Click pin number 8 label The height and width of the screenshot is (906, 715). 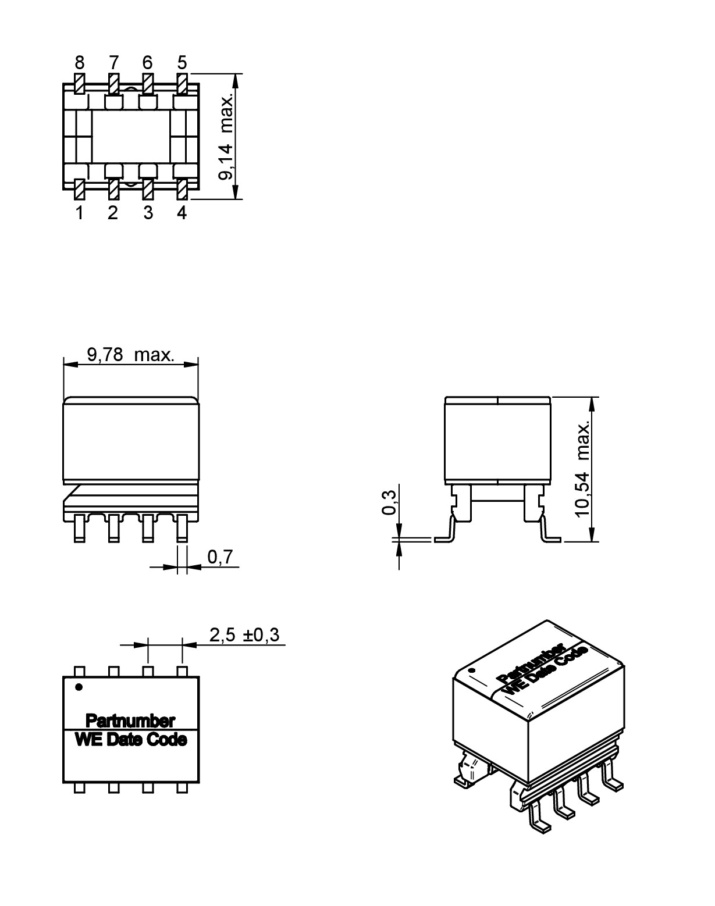point(79,62)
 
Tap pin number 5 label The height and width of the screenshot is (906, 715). point(182,62)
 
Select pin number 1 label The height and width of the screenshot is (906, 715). point(79,213)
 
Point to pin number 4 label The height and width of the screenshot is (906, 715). point(182,213)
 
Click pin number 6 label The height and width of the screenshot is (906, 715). point(147,62)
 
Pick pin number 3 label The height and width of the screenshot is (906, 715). point(148,213)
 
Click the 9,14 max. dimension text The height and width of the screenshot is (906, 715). point(227,136)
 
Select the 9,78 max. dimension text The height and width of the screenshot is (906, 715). point(130,355)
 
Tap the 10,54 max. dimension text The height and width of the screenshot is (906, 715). point(583,469)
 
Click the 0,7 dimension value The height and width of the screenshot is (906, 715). point(220,557)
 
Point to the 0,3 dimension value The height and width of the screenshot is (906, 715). point(389,502)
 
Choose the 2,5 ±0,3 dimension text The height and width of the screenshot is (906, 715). point(244,636)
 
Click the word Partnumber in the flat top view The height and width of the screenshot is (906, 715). point(130,721)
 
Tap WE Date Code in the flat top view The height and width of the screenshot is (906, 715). point(131,740)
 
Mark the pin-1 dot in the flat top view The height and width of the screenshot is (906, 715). point(79,687)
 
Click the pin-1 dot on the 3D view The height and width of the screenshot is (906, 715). point(472,671)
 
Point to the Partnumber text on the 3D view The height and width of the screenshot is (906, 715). point(531,663)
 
